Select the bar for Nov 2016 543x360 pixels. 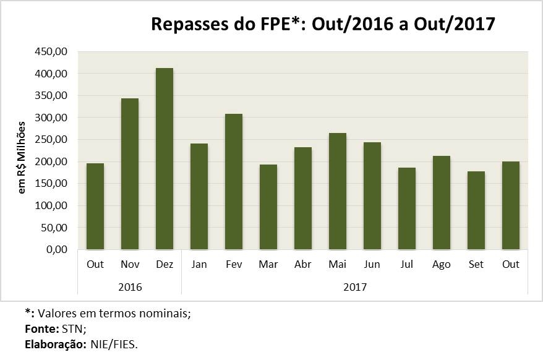click(x=130, y=174)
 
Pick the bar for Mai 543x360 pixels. click(x=338, y=191)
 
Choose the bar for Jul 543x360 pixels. click(x=407, y=208)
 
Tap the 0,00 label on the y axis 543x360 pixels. click(x=58, y=250)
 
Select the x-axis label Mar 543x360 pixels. click(x=268, y=265)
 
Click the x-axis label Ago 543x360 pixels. click(x=442, y=265)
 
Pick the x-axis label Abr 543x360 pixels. click(x=303, y=265)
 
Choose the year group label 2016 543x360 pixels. click(x=130, y=288)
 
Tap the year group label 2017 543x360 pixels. click(x=355, y=288)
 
